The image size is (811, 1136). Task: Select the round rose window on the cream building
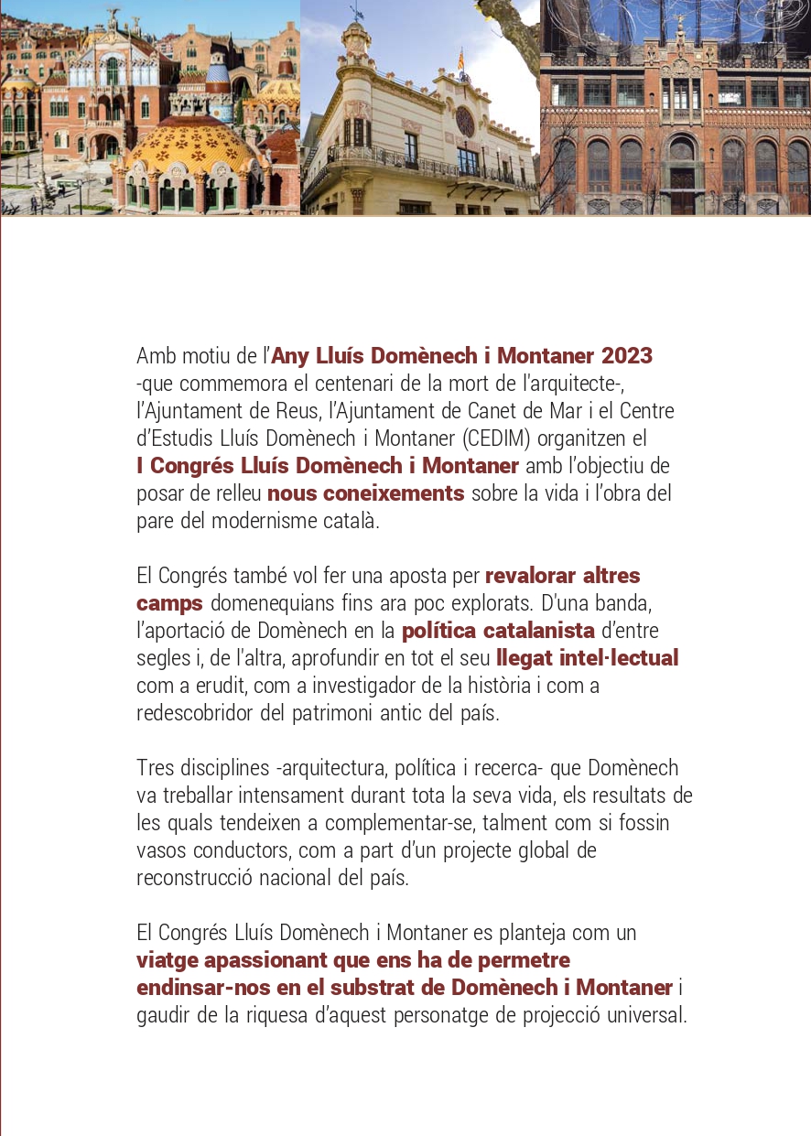coord(465,121)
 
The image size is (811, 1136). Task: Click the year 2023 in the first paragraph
coord(627,356)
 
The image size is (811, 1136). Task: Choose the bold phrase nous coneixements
coord(366,493)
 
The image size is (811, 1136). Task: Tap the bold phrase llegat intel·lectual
coord(587,658)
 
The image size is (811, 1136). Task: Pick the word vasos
coord(159,850)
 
